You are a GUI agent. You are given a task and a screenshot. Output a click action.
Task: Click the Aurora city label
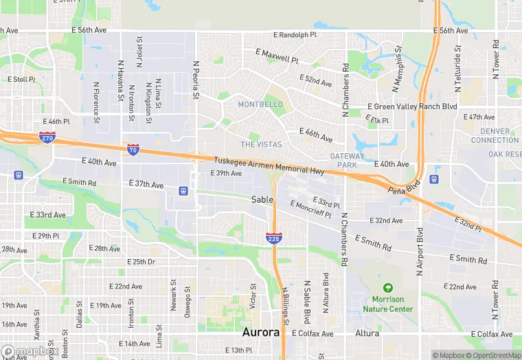(261, 333)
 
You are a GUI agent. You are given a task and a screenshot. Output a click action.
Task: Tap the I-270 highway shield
(47, 137)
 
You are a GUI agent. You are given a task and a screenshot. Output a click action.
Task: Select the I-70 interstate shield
(133, 148)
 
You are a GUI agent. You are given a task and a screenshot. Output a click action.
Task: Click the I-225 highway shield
(273, 238)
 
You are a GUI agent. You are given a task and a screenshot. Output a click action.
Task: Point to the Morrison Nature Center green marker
(388, 287)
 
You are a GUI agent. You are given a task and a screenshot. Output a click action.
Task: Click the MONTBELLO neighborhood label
(260, 104)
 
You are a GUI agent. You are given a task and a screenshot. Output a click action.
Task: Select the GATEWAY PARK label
(348, 161)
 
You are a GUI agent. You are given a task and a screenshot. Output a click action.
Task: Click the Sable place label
(262, 199)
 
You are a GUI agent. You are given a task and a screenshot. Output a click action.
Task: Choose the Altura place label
(367, 333)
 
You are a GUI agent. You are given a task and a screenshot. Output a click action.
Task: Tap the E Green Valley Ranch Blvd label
(412, 106)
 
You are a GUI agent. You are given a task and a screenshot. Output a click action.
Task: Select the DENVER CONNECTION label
(495, 135)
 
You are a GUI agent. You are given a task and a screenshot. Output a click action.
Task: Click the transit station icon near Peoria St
(183, 190)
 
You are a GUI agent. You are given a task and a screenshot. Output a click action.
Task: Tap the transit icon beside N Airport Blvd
(433, 179)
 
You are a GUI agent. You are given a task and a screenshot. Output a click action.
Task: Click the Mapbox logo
(28, 351)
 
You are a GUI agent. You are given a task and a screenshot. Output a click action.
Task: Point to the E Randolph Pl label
(295, 34)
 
